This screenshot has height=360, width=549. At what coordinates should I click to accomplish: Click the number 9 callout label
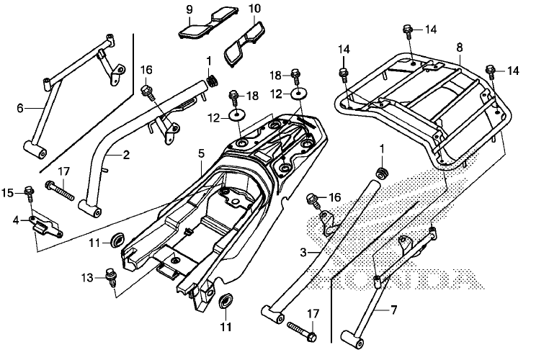click(x=189, y=9)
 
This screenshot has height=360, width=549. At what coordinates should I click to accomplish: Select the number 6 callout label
click(x=20, y=108)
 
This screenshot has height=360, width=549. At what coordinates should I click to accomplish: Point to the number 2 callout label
click(x=125, y=155)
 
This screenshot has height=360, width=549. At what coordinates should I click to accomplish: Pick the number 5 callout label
click(x=201, y=153)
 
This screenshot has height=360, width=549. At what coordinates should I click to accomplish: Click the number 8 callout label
click(x=459, y=48)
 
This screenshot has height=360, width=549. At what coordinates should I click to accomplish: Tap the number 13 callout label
click(x=87, y=278)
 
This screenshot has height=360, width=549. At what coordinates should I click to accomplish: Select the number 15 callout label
click(x=8, y=192)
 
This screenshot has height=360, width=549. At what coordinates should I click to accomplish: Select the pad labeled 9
click(x=197, y=27)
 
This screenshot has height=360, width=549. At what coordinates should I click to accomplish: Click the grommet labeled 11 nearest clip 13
click(x=116, y=239)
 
